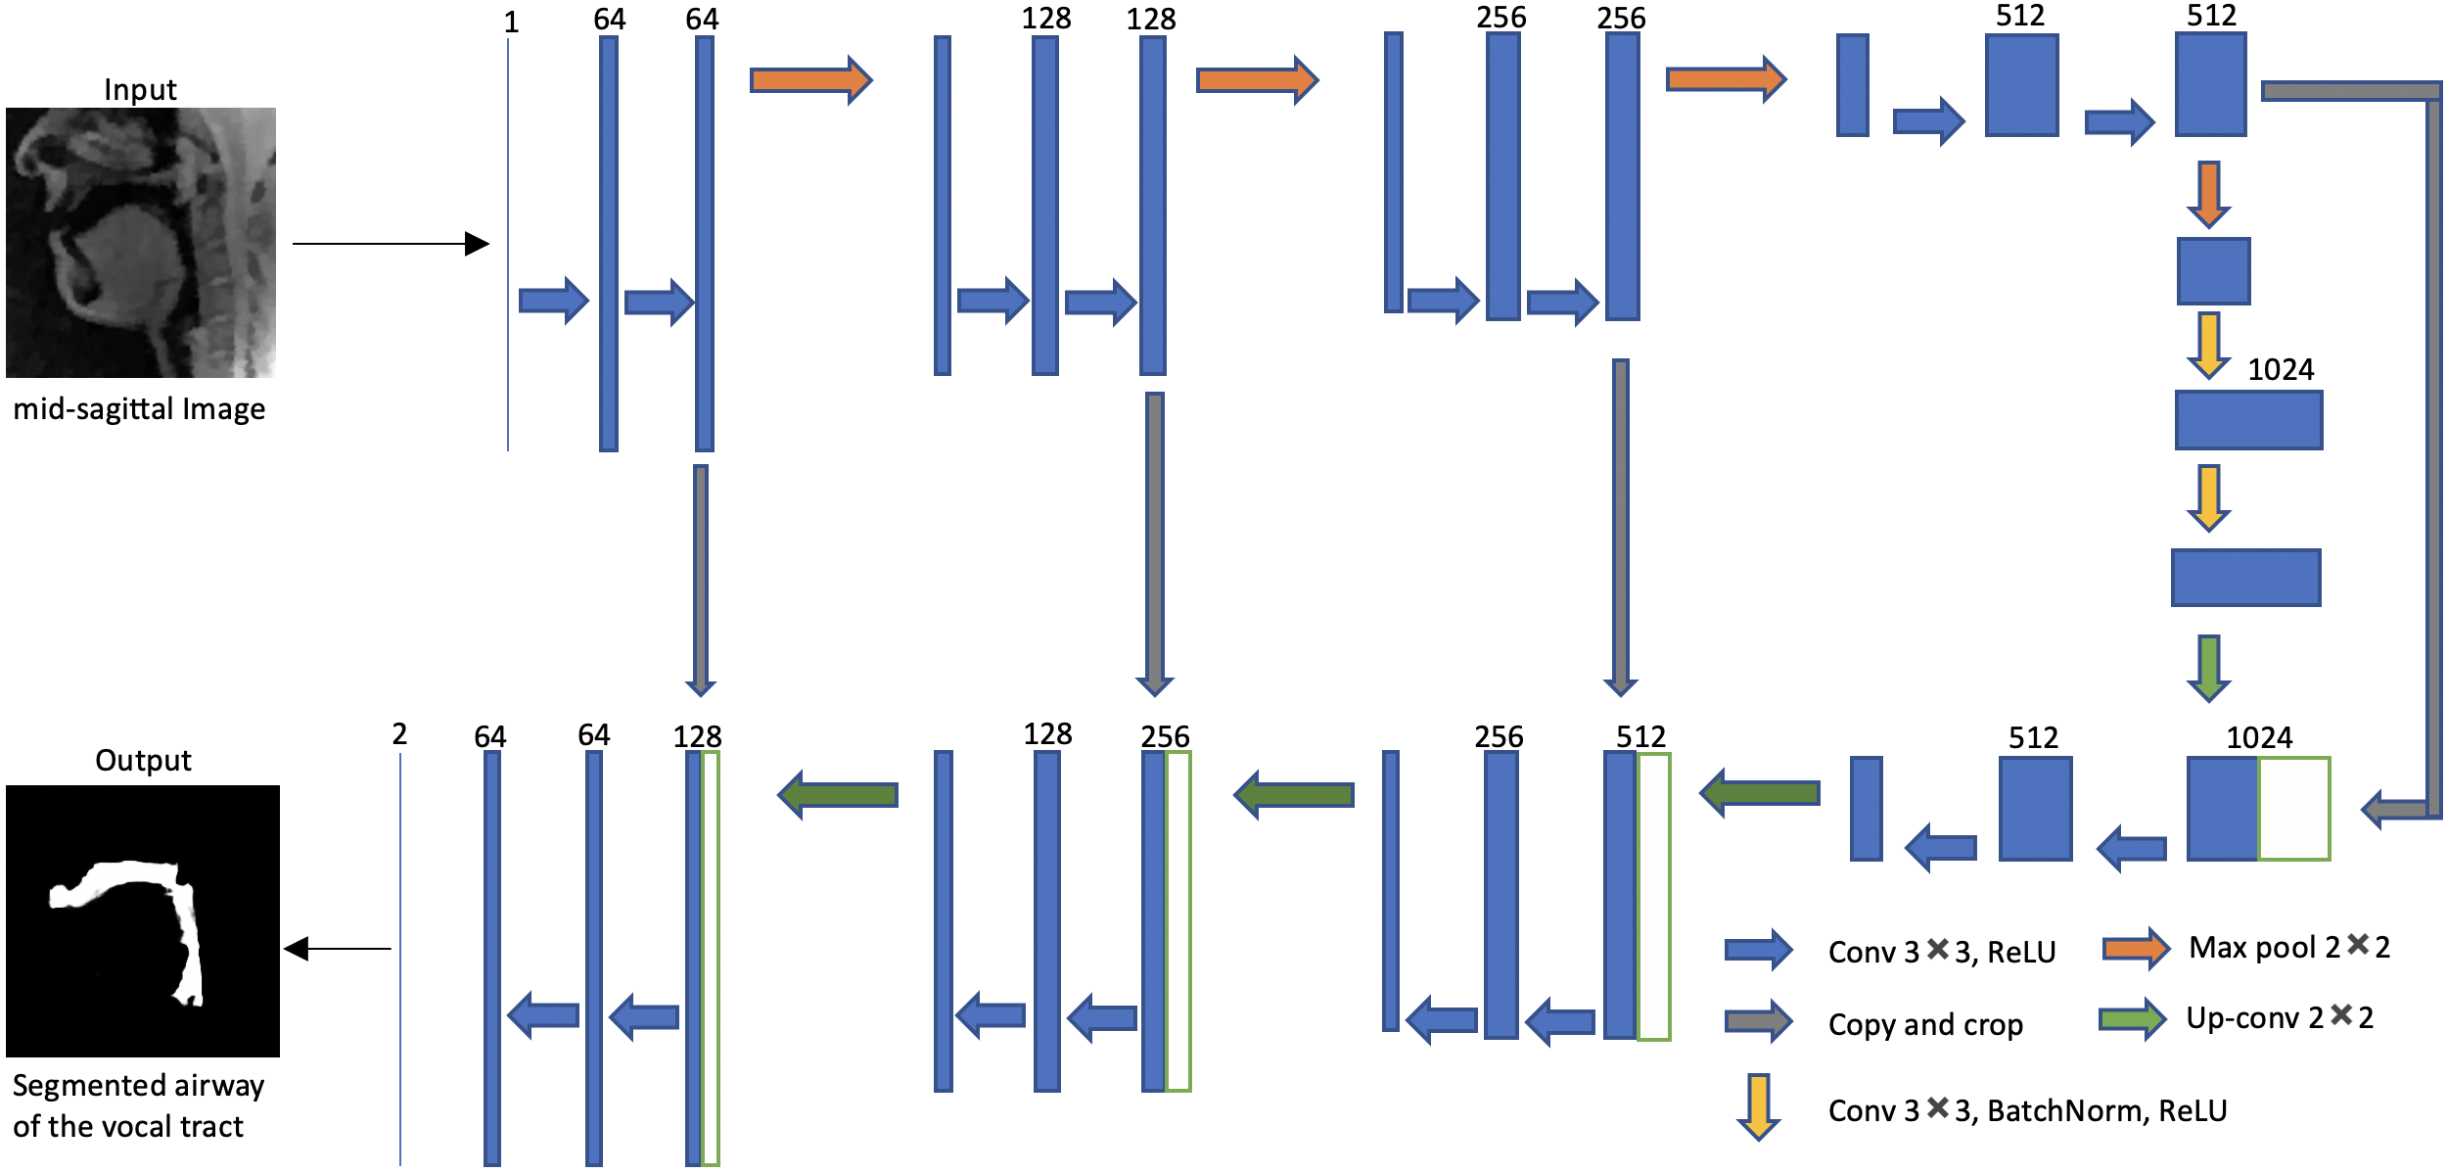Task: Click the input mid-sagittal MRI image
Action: pos(141,243)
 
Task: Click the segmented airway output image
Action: pos(143,920)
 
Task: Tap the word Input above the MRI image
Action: pos(140,90)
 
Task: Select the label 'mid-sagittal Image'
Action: pos(139,408)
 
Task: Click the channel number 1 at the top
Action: pos(511,22)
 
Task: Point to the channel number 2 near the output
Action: pos(399,734)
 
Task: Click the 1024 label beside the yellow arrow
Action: pos(2281,369)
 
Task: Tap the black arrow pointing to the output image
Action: pos(337,948)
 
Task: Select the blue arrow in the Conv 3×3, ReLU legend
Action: pos(1758,950)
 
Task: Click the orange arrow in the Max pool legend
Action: pos(2135,948)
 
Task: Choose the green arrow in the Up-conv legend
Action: pos(2133,1019)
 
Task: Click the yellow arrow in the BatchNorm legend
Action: pos(1758,1106)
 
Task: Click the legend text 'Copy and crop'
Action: pos(1924,1024)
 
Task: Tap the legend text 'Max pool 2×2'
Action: pos(2289,947)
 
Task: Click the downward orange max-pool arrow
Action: pos(2208,194)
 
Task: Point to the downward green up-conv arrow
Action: pos(2208,668)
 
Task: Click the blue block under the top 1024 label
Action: pos(2248,420)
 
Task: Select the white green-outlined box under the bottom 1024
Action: pos(2293,808)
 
